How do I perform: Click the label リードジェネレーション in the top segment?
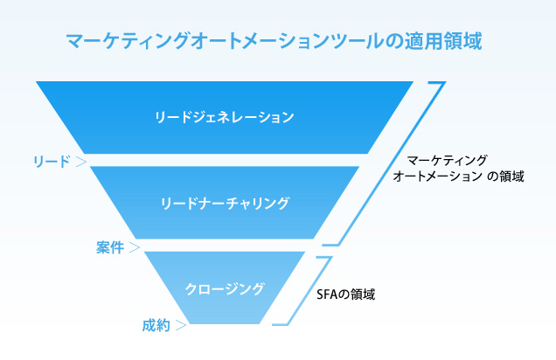(224, 117)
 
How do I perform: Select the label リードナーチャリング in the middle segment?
(226, 203)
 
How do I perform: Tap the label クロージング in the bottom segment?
(226, 287)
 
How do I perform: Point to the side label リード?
(51, 161)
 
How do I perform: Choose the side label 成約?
(156, 326)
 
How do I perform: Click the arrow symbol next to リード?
(80, 161)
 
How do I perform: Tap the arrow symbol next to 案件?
(134, 246)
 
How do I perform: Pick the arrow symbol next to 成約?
(180, 326)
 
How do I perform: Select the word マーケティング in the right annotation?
(448, 161)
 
